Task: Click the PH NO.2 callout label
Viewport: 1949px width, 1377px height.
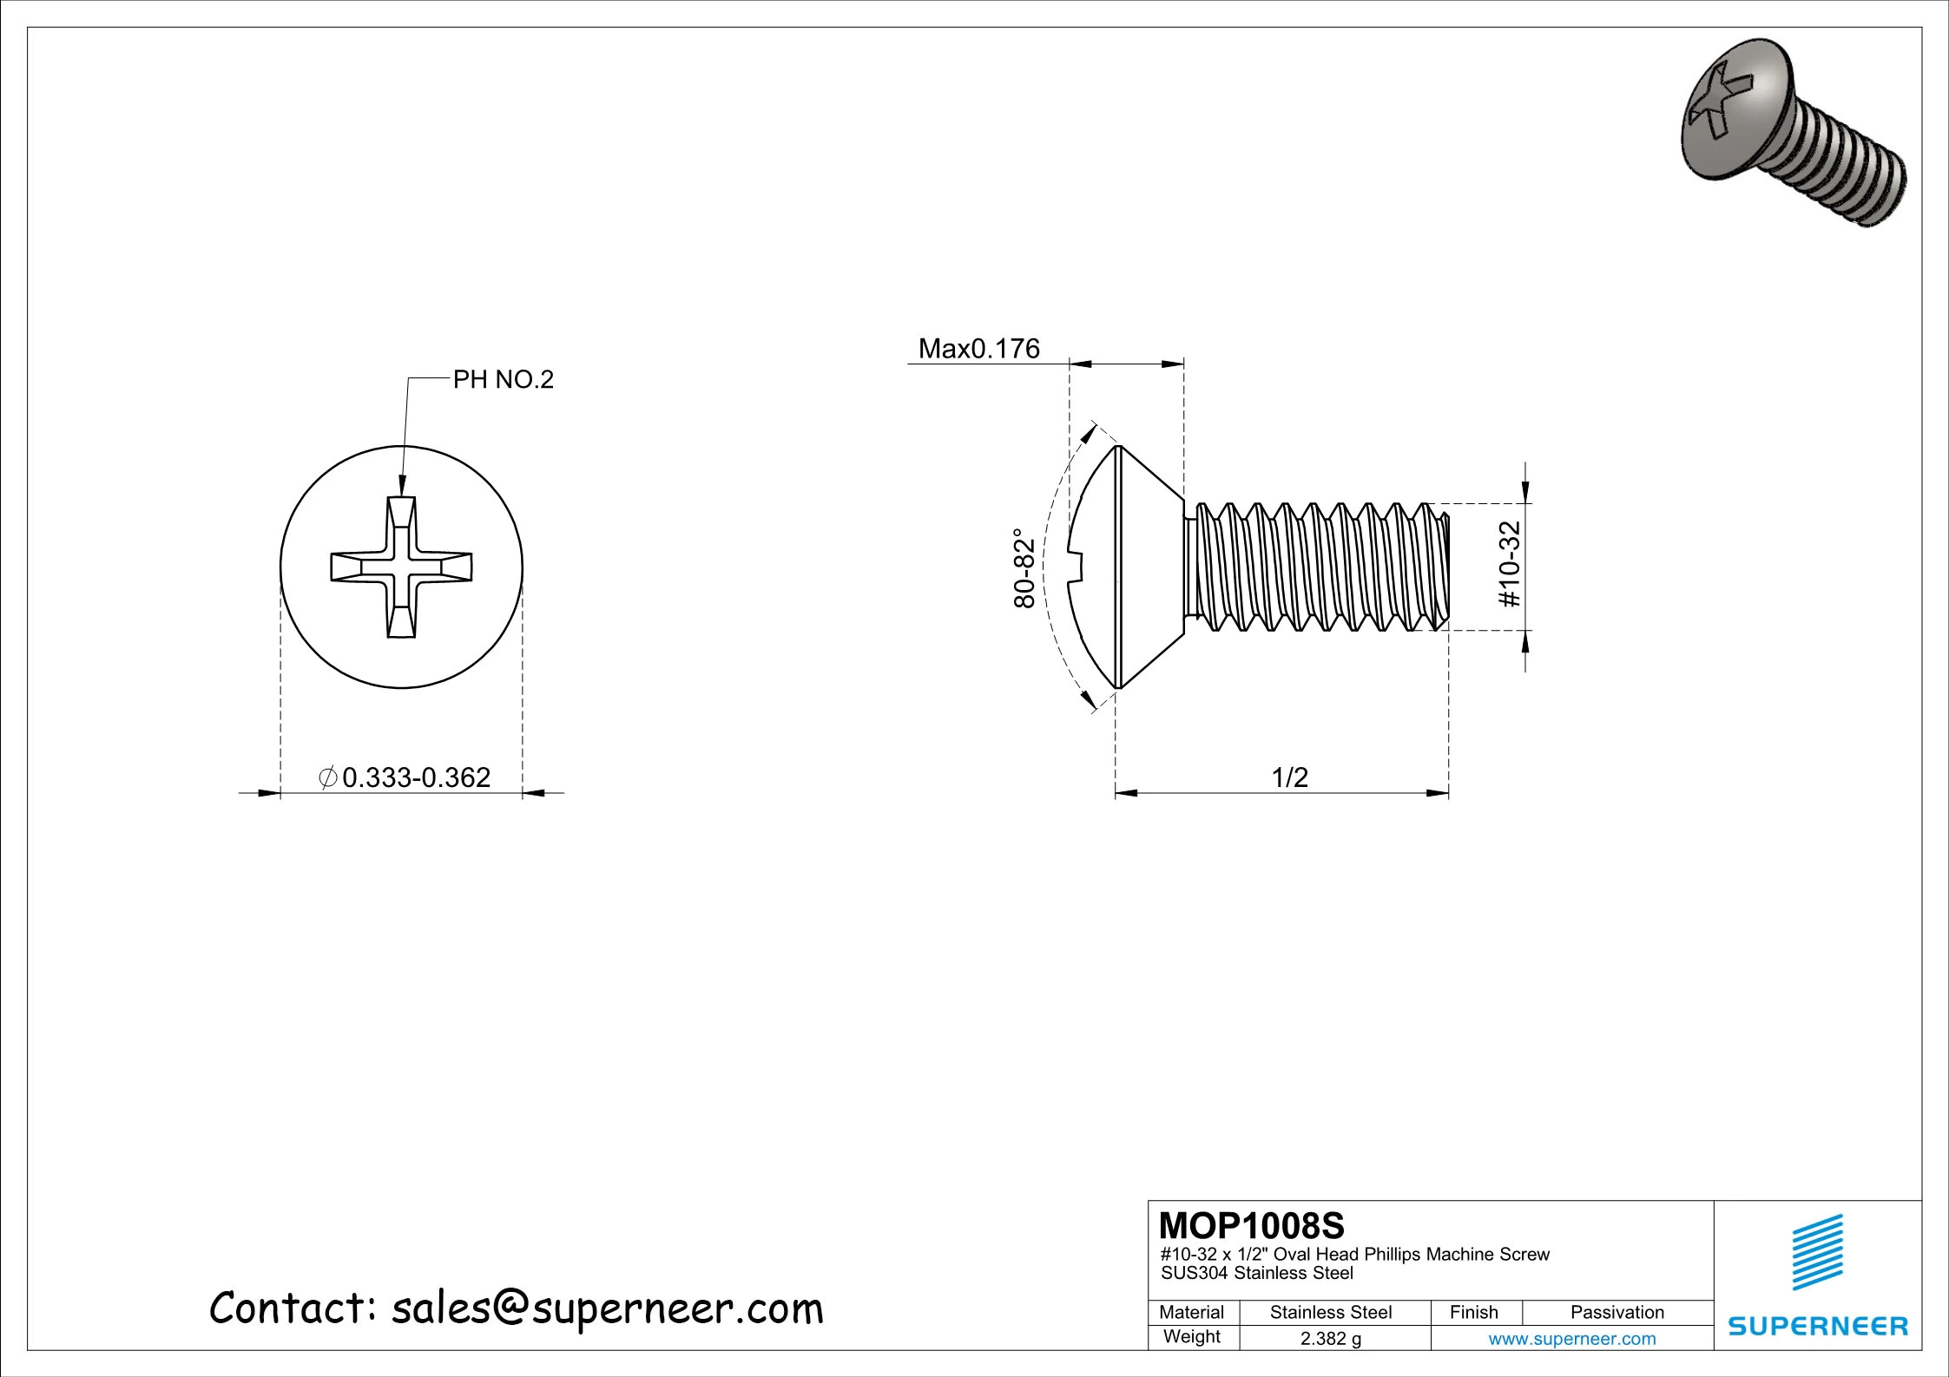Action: tap(503, 380)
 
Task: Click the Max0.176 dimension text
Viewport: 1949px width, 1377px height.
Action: tap(978, 349)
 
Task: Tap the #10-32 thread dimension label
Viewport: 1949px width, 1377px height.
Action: tap(1510, 564)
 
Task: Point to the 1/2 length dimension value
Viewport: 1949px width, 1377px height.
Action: tap(1289, 777)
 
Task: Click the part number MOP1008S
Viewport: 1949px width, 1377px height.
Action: tap(1251, 1226)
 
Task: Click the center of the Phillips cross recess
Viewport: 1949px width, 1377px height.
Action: tap(401, 567)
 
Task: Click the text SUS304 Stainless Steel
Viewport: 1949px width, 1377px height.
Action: tap(1256, 1274)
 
